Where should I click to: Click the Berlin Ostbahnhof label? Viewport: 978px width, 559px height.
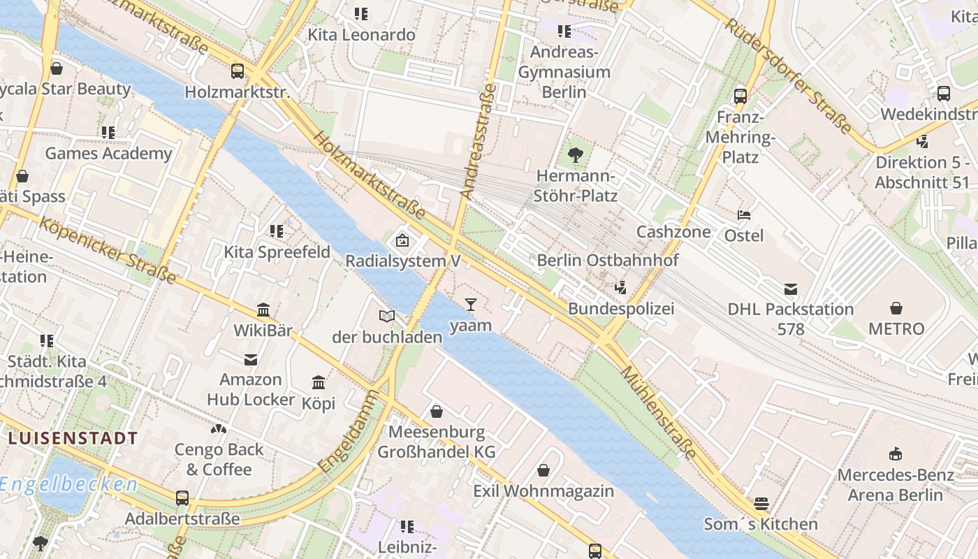pos(607,260)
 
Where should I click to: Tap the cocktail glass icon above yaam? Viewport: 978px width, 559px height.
pos(470,304)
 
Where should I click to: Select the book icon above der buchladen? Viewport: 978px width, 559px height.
pos(387,316)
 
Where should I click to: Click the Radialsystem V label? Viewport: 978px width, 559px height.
pos(403,261)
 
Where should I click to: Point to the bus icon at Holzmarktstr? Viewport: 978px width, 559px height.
pos(238,71)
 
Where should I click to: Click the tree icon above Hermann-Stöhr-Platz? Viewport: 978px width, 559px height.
pos(576,155)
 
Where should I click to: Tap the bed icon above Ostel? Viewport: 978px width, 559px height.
pos(744,215)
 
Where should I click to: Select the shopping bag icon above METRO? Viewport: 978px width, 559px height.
pos(896,307)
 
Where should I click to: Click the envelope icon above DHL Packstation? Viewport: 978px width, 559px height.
pos(791,289)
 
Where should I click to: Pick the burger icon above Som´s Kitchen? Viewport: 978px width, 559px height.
pos(761,503)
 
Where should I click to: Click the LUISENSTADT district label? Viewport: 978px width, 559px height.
pos(73,438)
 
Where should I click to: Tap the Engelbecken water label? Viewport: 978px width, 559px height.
pos(68,484)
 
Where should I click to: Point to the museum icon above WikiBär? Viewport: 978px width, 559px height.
pos(263,310)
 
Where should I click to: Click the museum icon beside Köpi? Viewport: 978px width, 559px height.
pos(319,382)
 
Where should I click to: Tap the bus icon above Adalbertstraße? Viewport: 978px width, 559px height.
pos(182,498)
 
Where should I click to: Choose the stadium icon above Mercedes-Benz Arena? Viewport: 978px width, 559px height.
pos(895,454)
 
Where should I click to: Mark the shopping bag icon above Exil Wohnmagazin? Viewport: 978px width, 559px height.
pos(543,470)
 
